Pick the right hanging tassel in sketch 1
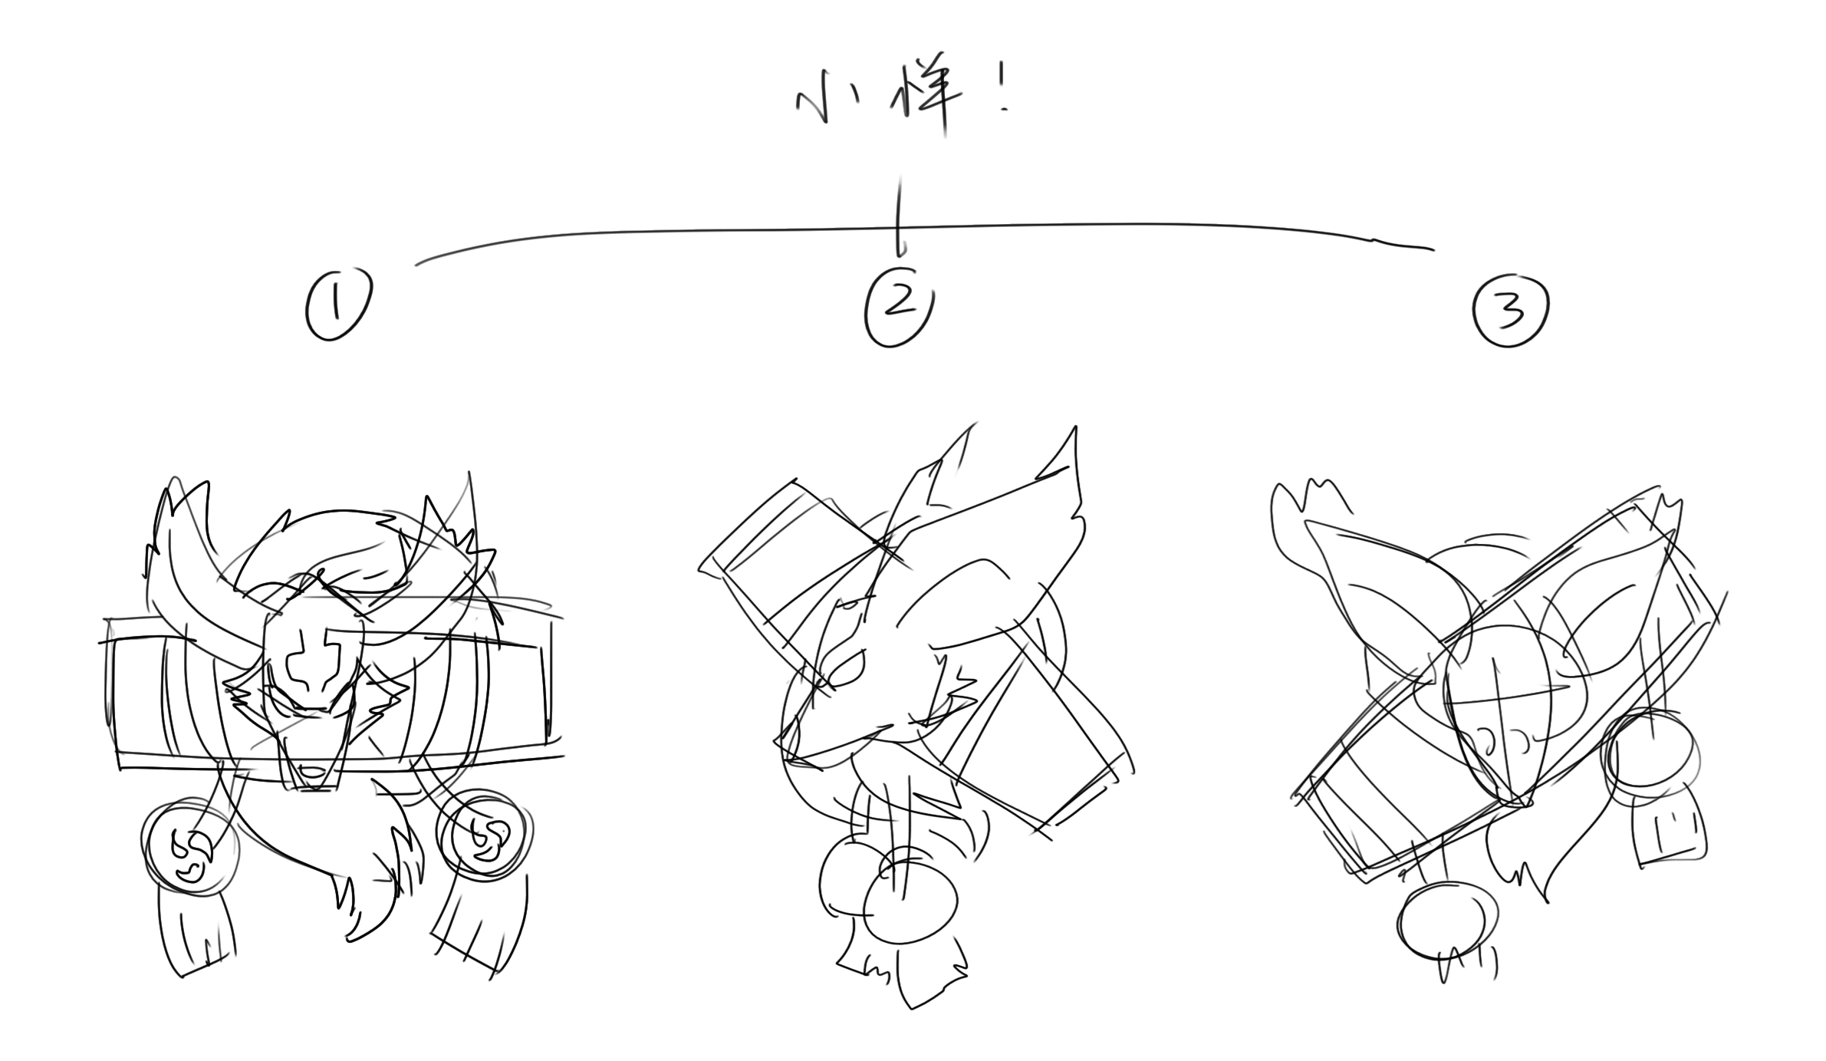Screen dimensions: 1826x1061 click(479, 928)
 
